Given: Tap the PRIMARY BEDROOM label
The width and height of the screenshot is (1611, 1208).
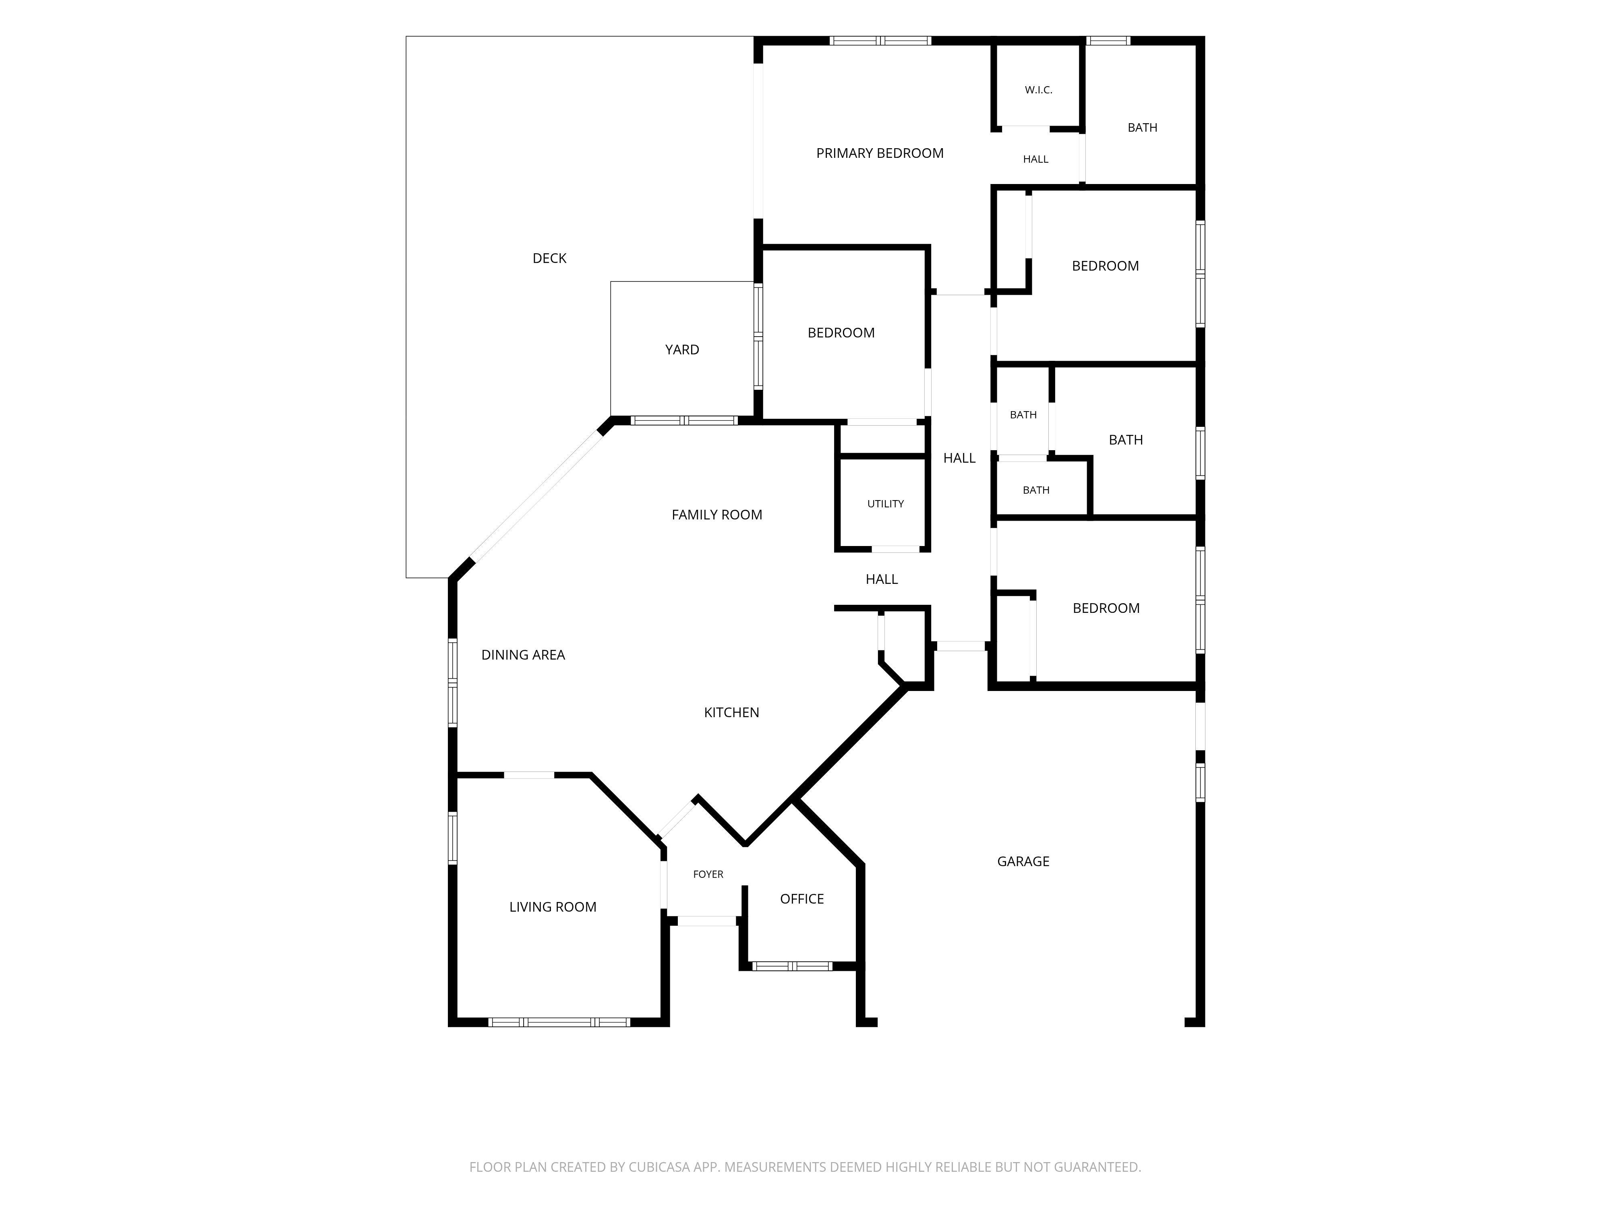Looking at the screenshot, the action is coord(880,153).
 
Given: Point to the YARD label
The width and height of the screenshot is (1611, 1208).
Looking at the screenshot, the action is coord(682,350).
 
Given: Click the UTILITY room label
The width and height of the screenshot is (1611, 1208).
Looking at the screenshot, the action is coord(886,504).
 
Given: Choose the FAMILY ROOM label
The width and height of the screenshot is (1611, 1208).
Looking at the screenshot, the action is coord(716,515).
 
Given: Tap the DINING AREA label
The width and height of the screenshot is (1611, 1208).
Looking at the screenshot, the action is coord(523,655).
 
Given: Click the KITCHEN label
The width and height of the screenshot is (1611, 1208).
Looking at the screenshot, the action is coord(731,712).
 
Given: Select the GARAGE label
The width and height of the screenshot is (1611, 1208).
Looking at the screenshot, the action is coord(1023,861).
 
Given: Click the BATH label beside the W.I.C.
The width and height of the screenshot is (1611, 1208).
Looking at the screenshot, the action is coord(1142,127).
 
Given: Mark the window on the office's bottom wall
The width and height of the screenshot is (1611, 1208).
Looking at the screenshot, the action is coord(792,966).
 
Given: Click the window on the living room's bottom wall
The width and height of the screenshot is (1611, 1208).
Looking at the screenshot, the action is coord(559,1022).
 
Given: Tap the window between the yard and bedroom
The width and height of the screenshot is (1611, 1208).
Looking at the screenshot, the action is coord(758,336).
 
